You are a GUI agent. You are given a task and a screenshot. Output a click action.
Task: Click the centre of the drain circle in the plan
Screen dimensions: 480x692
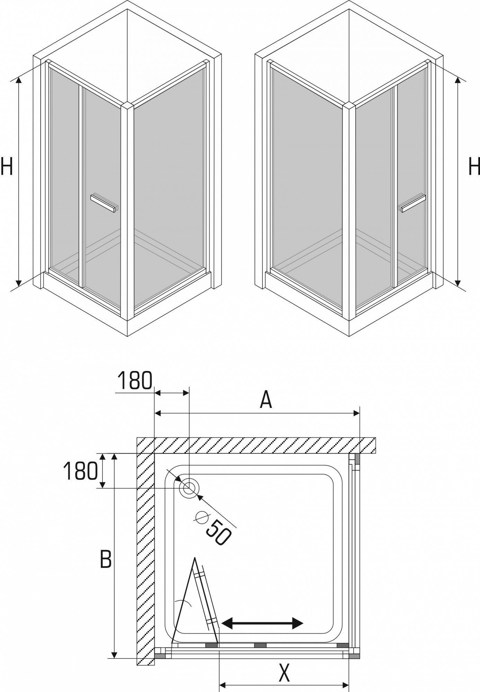pos(189,488)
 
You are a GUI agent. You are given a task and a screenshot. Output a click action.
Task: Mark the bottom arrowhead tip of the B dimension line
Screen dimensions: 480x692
pos(115,658)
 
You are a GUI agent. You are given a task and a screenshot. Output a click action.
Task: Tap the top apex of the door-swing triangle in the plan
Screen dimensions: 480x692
pos(195,558)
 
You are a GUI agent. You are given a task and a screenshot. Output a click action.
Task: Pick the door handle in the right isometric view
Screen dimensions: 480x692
pos(413,203)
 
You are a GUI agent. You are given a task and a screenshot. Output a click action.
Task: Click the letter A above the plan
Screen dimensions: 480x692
pos(266,400)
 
